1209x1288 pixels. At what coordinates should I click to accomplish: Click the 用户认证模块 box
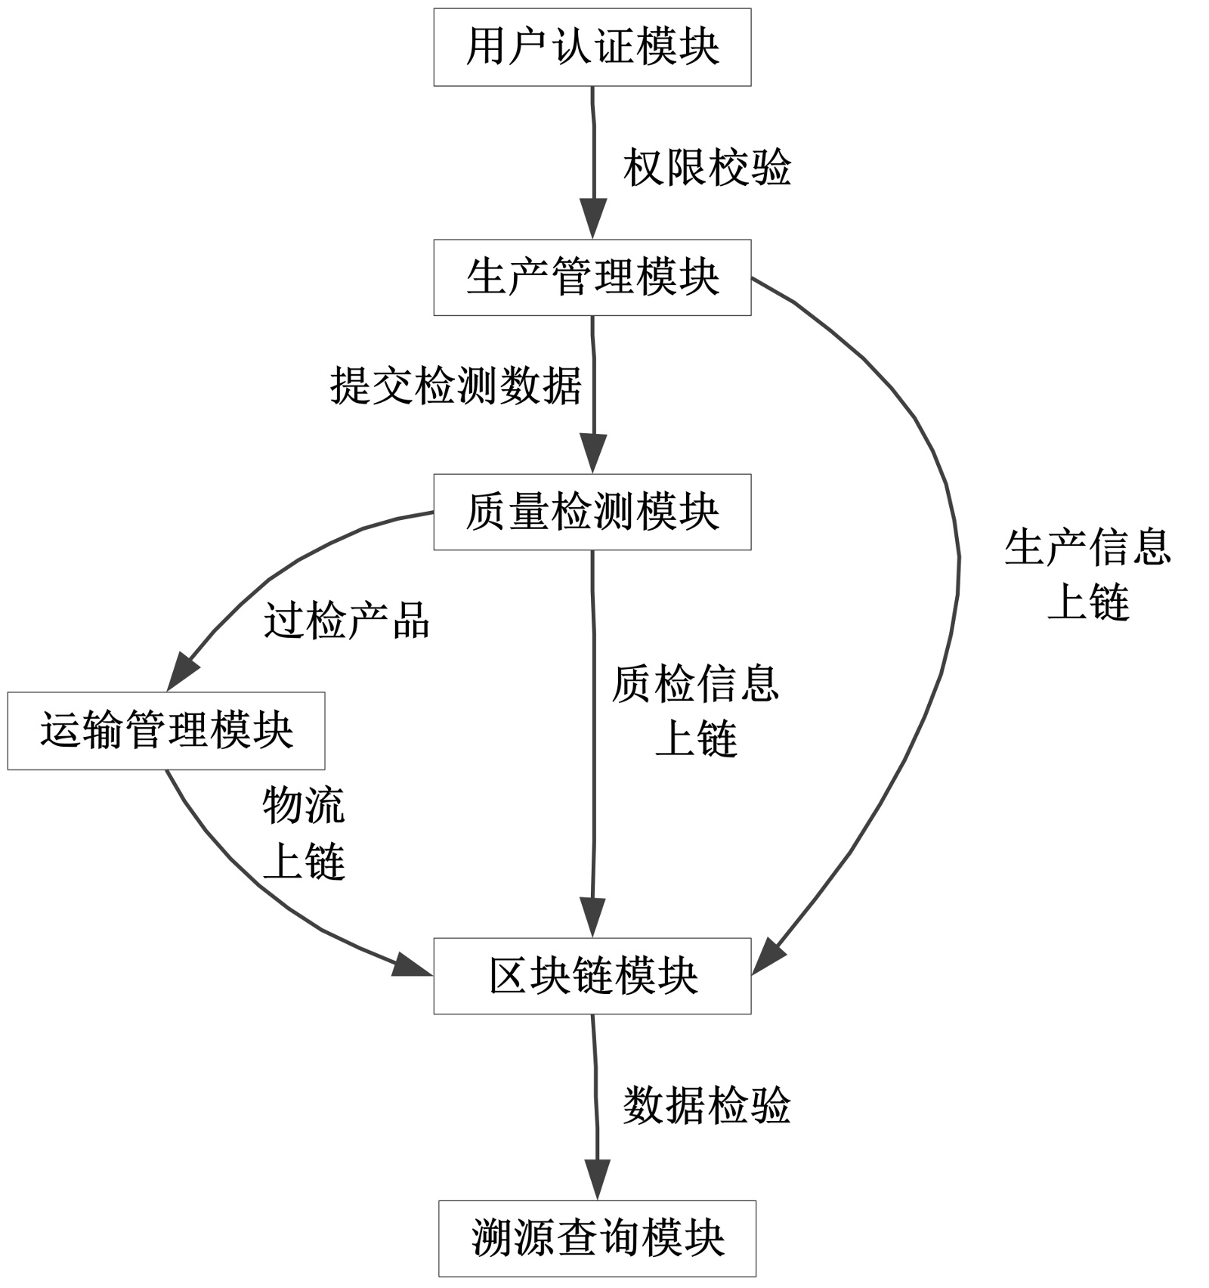coord(592,47)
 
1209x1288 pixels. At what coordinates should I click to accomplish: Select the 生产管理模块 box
coord(592,277)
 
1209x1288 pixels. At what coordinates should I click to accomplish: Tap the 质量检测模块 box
coord(592,512)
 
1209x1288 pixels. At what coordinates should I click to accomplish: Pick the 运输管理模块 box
coord(166,731)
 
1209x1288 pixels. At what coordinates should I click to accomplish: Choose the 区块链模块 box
coord(592,976)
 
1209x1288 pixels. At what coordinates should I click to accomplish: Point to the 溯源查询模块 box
coord(597,1238)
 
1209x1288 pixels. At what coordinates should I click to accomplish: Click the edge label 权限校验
coord(707,168)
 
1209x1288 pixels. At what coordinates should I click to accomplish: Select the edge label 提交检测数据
coord(456,385)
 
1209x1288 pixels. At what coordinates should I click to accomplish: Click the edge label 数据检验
coord(707,1106)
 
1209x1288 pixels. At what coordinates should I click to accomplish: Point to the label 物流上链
coord(304,833)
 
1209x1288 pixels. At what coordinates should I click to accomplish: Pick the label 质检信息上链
coord(695,711)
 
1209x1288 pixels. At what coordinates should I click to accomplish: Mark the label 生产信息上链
coord(1087,574)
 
